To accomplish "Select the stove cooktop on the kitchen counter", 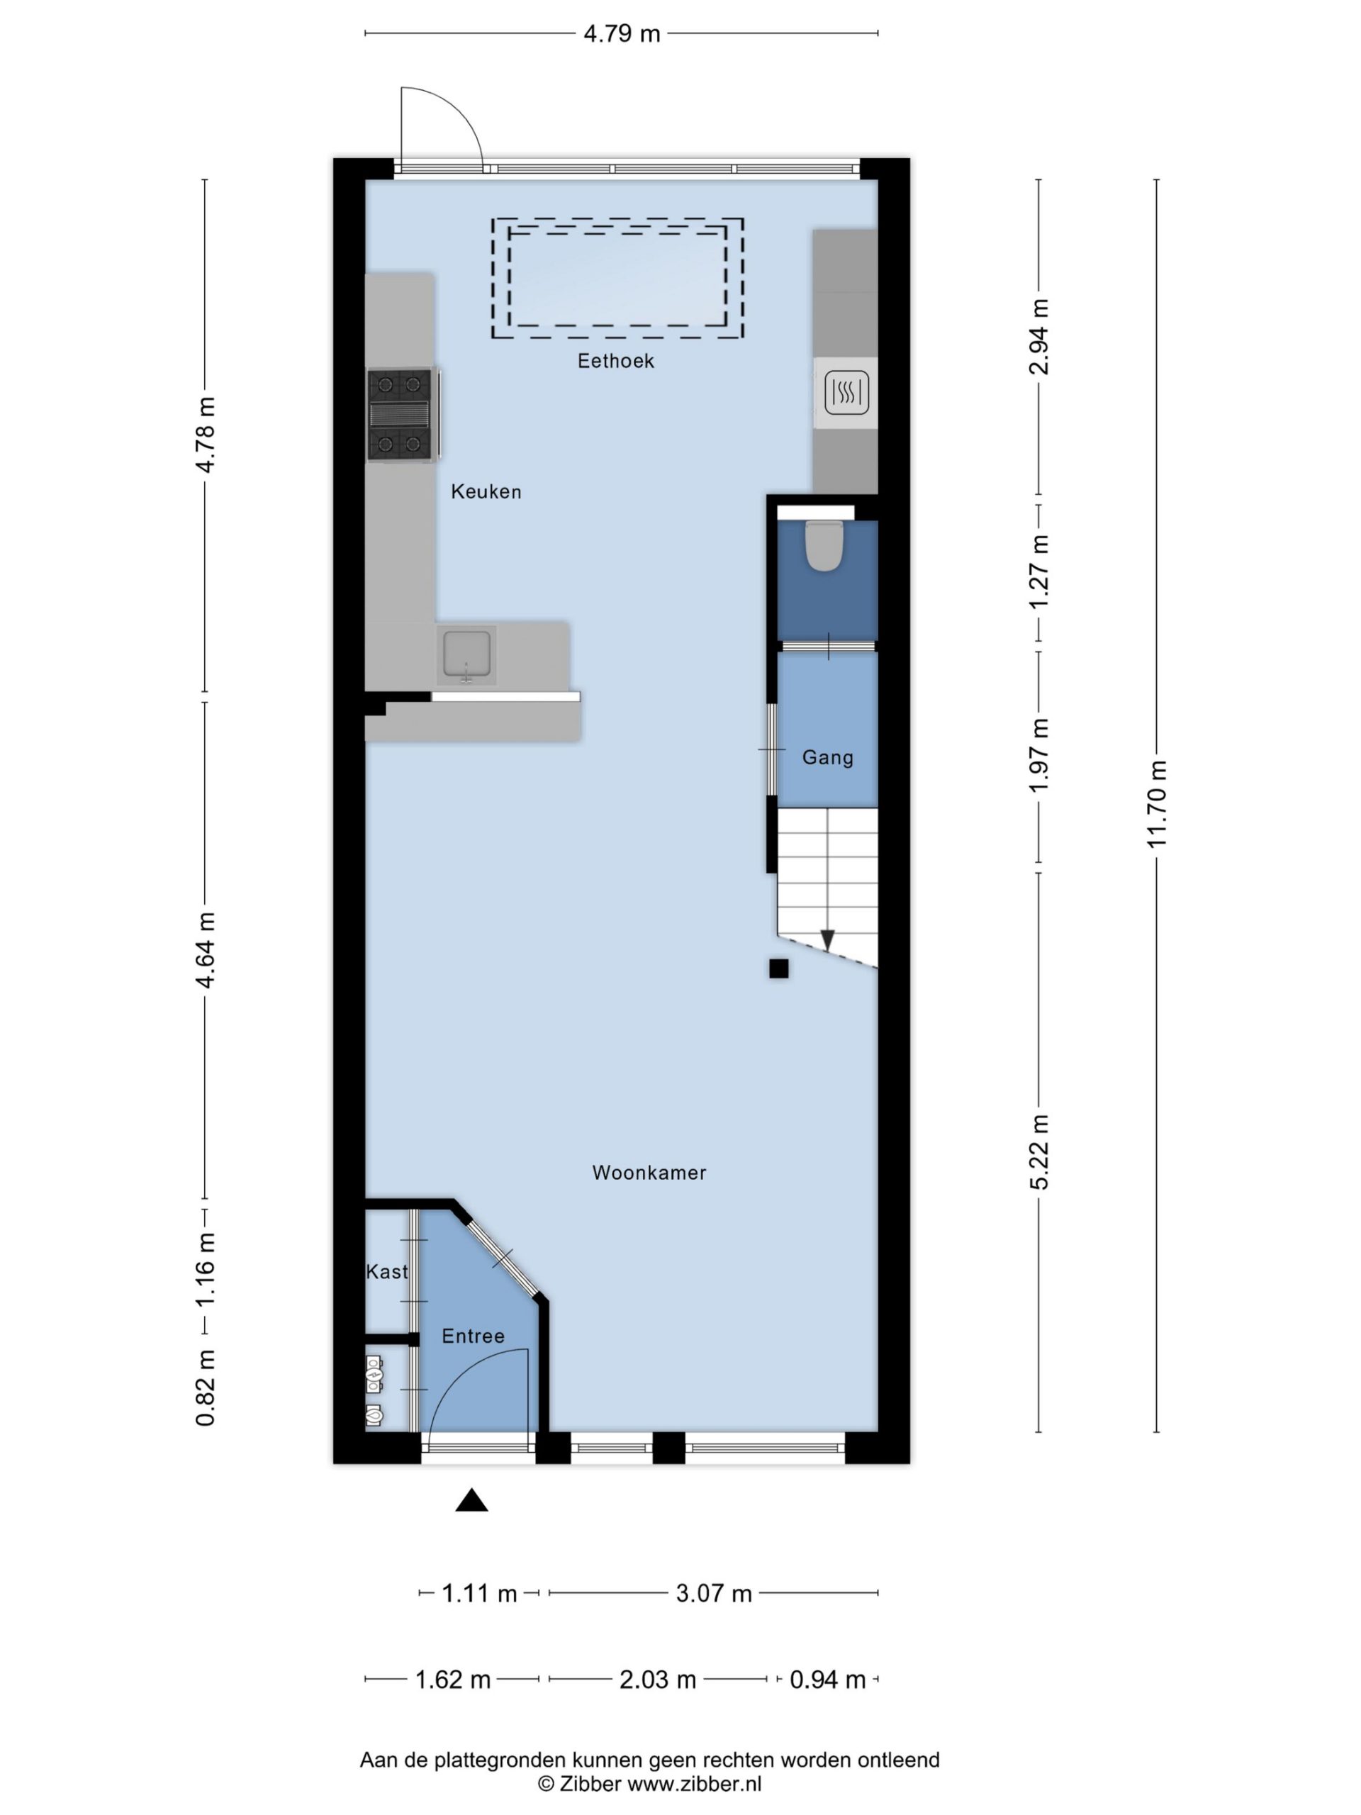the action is (401, 414).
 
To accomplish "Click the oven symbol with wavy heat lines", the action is (846, 391).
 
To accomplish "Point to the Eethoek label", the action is (615, 361).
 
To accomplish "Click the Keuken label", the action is (486, 491).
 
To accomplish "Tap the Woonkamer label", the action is (649, 1173).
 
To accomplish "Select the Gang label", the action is (828, 757).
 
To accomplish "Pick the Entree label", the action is (473, 1336).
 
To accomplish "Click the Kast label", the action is (386, 1272).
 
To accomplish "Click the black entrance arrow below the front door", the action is (471, 1501).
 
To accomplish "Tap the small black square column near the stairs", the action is (778, 969).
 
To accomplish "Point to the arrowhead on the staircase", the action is (828, 940).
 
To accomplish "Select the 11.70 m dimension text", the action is (1156, 804).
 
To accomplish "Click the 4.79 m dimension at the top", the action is (621, 33).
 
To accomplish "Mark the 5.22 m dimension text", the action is (1038, 1152).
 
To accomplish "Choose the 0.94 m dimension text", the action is (827, 1680).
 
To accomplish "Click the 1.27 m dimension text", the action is (1038, 572).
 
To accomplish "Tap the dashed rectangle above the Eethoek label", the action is (617, 278).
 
